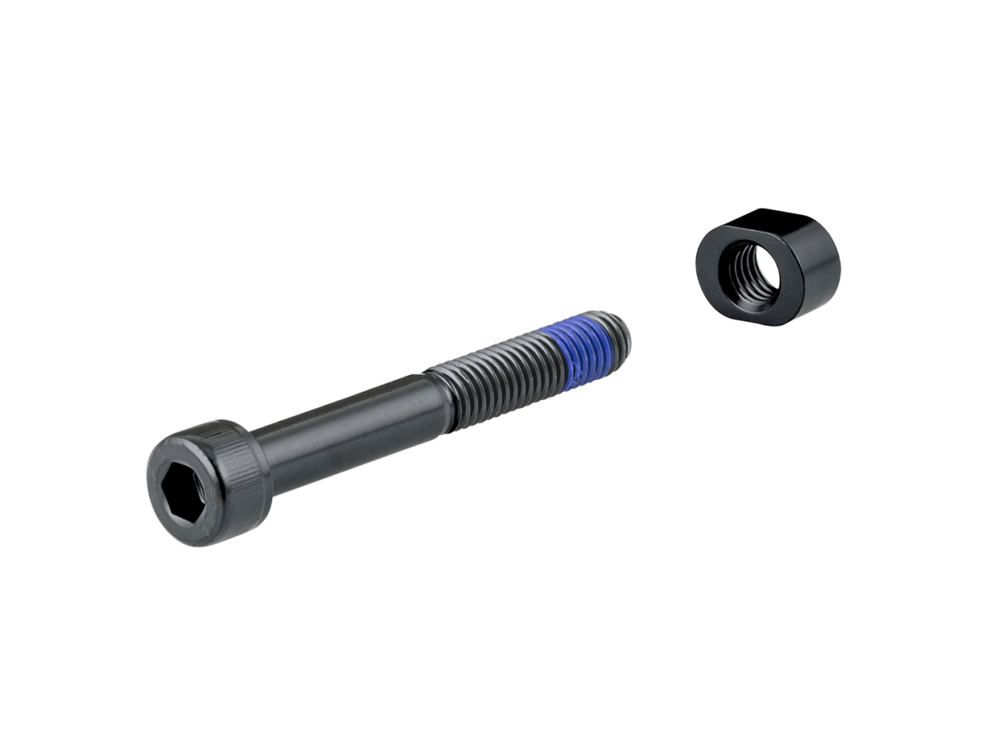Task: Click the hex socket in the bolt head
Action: pyautogui.click(x=186, y=488)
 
